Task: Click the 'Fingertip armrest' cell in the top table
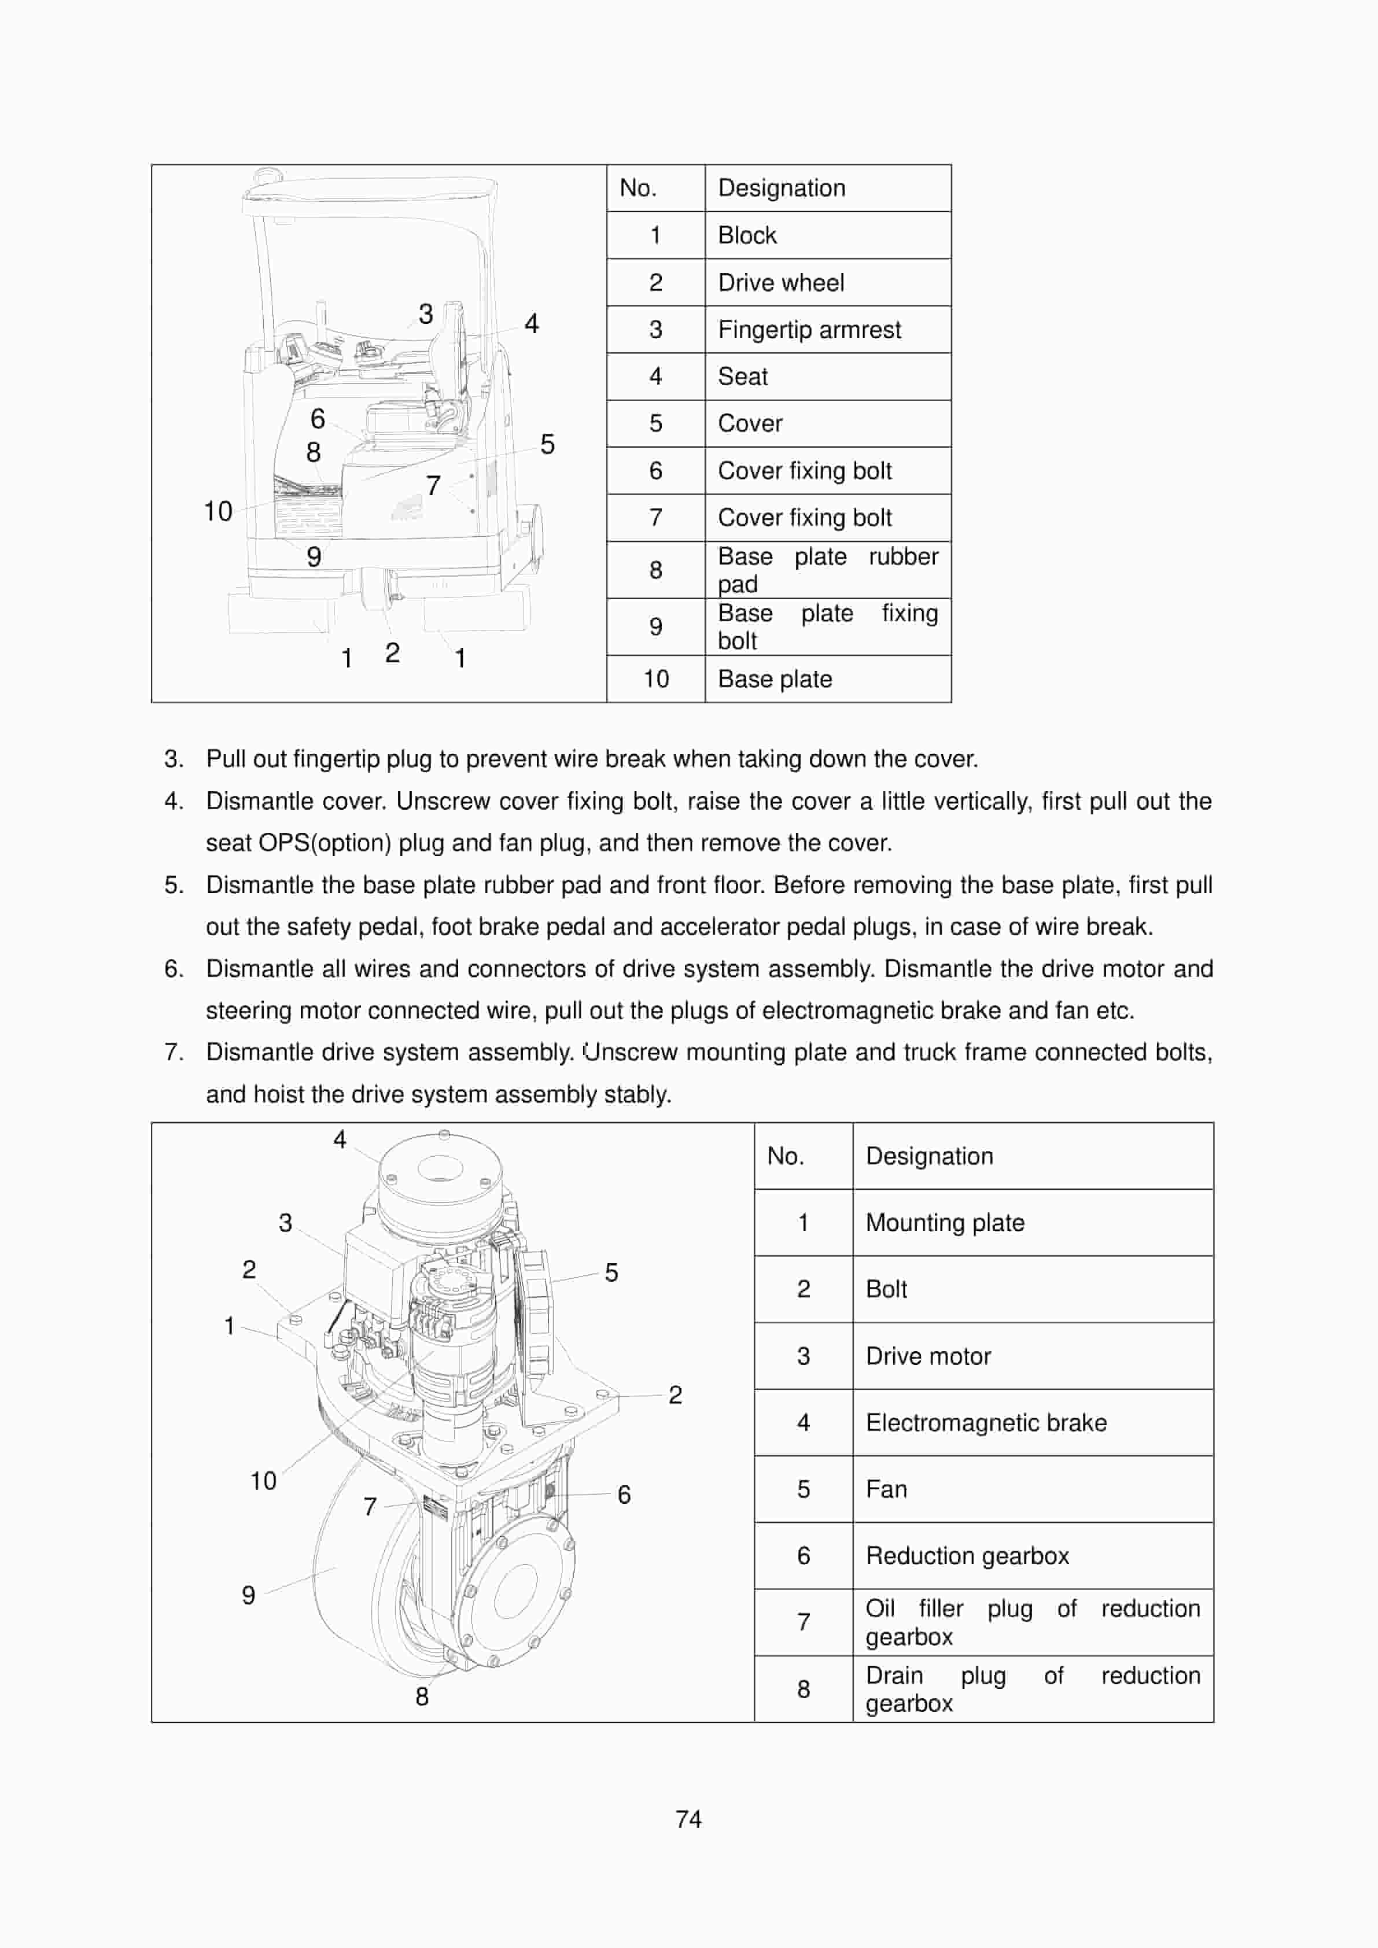pyautogui.click(x=809, y=329)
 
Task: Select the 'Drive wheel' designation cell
pyautogui.click(x=780, y=282)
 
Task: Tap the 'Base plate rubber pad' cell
pyautogui.click(x=827, y=569)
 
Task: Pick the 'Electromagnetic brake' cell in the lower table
pyautogui.click(x=985, y=1422)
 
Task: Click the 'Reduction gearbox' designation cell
pyautogui.click(x=967, y=1555)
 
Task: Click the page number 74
pyautogui.click(x=688, y=1818)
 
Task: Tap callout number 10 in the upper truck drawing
pyautogui.click(x=218, y=512)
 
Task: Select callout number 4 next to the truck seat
pyautogui.click(x=531, y=323)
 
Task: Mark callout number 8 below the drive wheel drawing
pyautogui.click(x=422, y=1696)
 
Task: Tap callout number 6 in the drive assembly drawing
pyautogui.click(x=624, y=1494)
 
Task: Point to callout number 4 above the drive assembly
pyautogui.click(x=340, y=1139)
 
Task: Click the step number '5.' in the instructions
pyautogui.click(x=174, y=885)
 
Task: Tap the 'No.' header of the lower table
pyautogui.click(x=785, y=1156)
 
